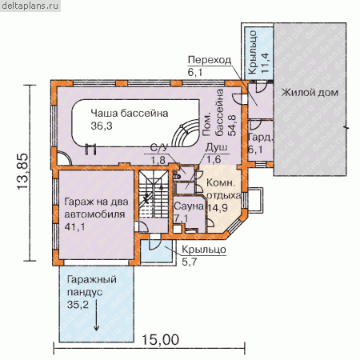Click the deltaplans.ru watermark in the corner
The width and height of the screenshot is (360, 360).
(30, 6)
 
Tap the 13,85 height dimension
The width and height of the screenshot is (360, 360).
(22, 171)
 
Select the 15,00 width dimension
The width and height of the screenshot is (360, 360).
(160, 340)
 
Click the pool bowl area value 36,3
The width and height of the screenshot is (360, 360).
(102, 126)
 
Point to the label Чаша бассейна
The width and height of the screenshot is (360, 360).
(130, 113)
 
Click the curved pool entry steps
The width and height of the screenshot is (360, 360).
(186, 133)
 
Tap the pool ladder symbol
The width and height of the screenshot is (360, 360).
(90, 149)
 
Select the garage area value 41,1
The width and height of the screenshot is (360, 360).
(74, 226)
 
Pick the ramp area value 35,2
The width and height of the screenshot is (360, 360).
(78, 304)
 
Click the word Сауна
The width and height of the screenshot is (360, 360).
(189, 206)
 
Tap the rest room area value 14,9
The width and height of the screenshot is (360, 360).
(218, 207)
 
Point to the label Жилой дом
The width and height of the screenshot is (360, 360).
(310, 93)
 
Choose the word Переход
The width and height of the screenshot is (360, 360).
(210, 60)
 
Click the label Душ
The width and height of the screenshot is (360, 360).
(217, 147)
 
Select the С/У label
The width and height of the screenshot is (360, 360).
(159, 147)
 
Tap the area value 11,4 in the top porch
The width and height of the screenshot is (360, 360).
(265, 63)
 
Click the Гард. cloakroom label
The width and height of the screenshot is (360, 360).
(261, 138)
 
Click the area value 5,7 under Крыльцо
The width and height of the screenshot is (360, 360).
(189, 262)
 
